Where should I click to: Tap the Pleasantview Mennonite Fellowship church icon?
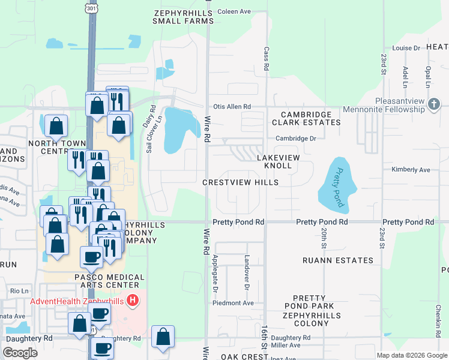pyautogui.click(x=435, y=106)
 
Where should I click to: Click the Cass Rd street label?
pyautogui.click(x=266, y=58)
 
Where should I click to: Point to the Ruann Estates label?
pyautogui.click(x=338, y=260)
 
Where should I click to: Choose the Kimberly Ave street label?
pyautogui.click(x=411, y=170)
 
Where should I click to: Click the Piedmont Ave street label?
pyautogui.click(x=233, y=303)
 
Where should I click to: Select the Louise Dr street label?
pyautogui.click(x=406, y=48)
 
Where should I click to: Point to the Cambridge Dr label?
pyautogui.click(x=295, y=139)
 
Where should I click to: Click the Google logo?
pyautogui.click(x=20, y=353)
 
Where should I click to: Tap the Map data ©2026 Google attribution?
pyautogui.click(x=412, y=355)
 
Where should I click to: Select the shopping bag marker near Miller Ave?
pyautogui.click(x=163, y=337)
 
